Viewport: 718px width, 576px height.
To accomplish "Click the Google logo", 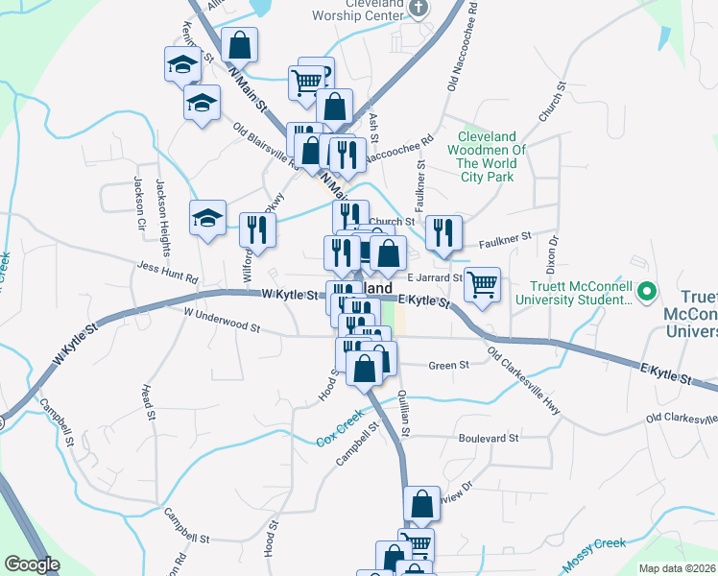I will point(32,564).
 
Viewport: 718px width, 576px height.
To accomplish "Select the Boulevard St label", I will point(489,437).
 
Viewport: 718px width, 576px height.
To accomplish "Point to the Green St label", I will point(448,365).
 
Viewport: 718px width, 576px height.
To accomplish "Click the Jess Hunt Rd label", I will point(167,272).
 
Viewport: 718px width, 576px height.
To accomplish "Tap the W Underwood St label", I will point(222,320).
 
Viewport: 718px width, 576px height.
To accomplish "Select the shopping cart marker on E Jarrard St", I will point(483,283).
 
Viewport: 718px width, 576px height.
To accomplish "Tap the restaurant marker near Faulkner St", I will point(443,232).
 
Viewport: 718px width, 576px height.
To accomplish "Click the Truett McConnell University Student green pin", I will point(647,289).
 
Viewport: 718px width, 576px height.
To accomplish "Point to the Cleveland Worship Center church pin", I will point(418,9).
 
